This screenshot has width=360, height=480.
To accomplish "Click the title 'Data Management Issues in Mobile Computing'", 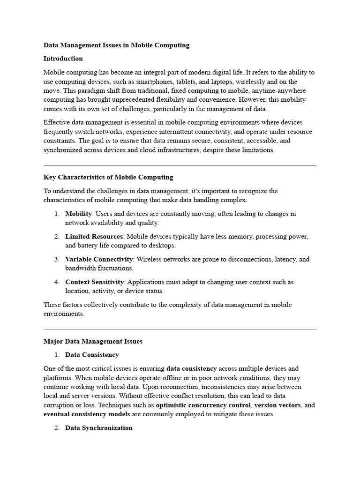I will click(116, 45).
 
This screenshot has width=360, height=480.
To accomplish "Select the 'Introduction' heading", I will click(63, 59).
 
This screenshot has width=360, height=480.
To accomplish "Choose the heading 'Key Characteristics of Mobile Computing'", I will click(108, 177).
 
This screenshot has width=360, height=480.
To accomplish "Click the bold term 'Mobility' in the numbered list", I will click(78, 214).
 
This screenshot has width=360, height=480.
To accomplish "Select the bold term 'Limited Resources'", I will click(94, 236).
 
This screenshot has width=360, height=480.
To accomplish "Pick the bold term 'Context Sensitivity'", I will click(94, 282).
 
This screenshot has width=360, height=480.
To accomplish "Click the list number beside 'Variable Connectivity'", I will click(56, 259).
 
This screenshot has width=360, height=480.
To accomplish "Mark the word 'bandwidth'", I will click(80, 269).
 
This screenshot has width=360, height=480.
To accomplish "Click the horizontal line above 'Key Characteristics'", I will click(180, 165).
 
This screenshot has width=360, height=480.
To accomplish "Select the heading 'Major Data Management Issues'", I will click(93, 341).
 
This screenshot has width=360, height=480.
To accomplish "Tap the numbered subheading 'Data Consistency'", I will click(92, 355).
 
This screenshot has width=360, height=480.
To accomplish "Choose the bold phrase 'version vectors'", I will click(277, 405).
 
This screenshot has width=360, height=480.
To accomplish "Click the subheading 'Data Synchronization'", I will click(98, 428).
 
